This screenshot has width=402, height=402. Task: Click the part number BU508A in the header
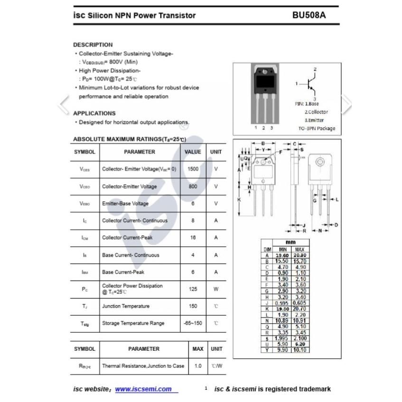[309, 15]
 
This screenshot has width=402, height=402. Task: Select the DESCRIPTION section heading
[93, 45]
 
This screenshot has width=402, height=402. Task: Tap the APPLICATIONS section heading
[94, 113]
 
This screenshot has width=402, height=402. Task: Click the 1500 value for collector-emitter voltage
[193, 169]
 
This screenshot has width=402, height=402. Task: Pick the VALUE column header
[193, 152]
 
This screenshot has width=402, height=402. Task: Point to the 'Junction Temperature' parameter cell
[126, 306]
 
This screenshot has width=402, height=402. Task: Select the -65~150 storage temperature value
[193, 323]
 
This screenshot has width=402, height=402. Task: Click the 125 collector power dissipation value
[193, 289]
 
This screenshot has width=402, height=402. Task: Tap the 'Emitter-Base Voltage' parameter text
[125, 204]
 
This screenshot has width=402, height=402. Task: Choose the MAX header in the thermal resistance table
[197, 349]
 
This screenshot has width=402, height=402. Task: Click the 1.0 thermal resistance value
[197, 366]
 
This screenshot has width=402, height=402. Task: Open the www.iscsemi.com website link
[143, 389]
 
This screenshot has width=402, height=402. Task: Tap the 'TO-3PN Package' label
[316, 128]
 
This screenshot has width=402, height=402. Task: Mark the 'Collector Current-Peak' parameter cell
[127, 238]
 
